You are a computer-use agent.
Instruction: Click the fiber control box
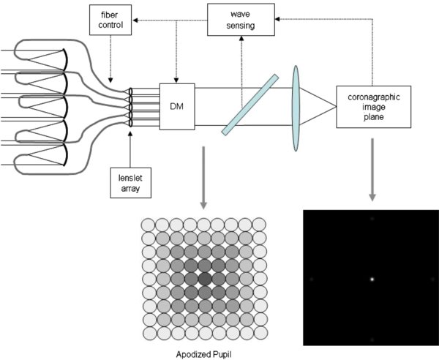tap(109, 22)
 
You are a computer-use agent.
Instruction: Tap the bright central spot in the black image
tap(372, 280)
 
